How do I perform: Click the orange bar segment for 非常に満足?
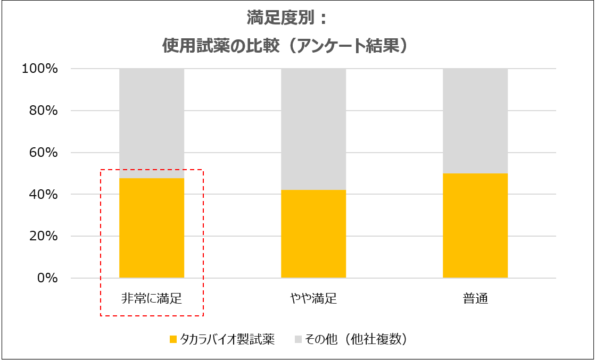152,228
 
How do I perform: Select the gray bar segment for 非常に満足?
152,123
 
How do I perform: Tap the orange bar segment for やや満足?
313,234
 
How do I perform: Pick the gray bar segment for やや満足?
313,129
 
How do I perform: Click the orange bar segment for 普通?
475,225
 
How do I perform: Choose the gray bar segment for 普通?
475,121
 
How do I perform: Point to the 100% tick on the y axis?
39,69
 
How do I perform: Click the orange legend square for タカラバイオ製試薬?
172,339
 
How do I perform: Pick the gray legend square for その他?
297,339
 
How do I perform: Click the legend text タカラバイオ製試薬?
227,339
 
